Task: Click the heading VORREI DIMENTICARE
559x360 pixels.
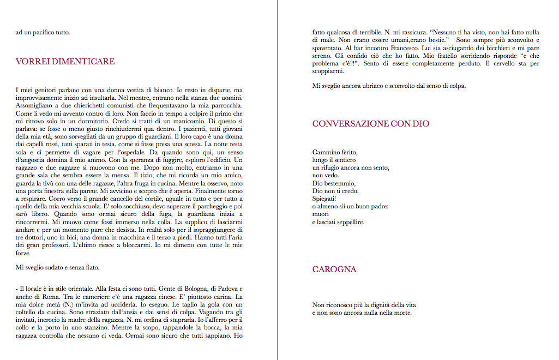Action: [x=65, y=62]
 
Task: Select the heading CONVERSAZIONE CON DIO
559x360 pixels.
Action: [x=371, y=124]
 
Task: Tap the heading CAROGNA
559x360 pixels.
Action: [x=334, y=269]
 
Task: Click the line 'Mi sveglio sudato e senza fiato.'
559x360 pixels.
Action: [x=57, y=267]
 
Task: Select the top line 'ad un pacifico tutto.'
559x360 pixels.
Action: [x=43, y=32]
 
